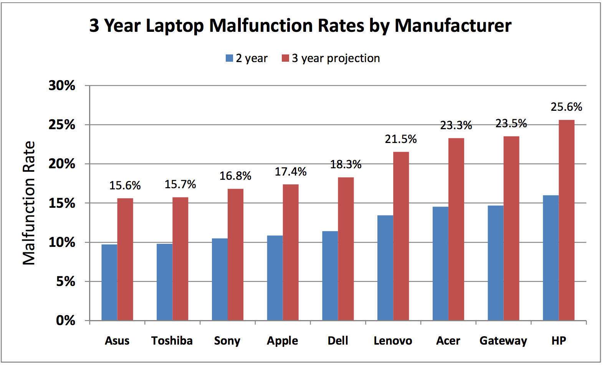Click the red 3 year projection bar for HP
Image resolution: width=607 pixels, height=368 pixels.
pos(566,220)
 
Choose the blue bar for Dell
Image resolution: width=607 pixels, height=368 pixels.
pos(330,276)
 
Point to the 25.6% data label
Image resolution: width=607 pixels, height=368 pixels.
pos(566,107)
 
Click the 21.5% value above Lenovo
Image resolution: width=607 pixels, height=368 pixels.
pos(401,139)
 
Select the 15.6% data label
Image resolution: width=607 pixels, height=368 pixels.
pos(125,186)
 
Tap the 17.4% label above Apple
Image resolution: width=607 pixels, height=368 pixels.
pos(290,172)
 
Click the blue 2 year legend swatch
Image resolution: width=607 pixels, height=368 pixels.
pos(229,58)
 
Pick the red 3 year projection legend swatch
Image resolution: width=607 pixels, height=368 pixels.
pos(285,58)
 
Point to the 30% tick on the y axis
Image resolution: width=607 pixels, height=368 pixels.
pos(62,85)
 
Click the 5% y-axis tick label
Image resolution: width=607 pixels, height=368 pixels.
pos(66,281)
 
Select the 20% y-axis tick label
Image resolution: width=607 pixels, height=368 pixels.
pos(62,164)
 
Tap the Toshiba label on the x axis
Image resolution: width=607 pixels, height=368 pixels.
pos(172,341)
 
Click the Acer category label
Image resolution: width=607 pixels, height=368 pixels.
pos(448,341)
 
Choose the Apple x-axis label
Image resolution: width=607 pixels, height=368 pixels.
pos(282,341)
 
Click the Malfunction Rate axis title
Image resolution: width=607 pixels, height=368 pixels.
pos(29,203)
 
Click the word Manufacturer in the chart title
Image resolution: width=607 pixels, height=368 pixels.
pos(453,26)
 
